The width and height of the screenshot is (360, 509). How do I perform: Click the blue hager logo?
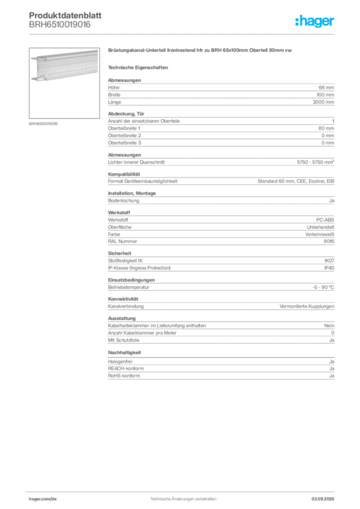315,22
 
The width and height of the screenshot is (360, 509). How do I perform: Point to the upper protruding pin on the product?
32,59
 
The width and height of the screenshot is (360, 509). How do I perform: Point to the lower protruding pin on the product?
32,78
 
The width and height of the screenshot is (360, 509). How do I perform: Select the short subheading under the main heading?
140,67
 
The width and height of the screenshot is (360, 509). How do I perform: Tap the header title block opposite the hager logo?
60,20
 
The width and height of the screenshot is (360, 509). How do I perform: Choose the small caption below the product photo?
44,123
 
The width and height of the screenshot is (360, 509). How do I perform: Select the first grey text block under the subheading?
220,91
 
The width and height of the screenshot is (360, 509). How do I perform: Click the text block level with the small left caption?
220,129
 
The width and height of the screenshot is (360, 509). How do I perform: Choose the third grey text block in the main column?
220,159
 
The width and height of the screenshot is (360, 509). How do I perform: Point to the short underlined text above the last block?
125,353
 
